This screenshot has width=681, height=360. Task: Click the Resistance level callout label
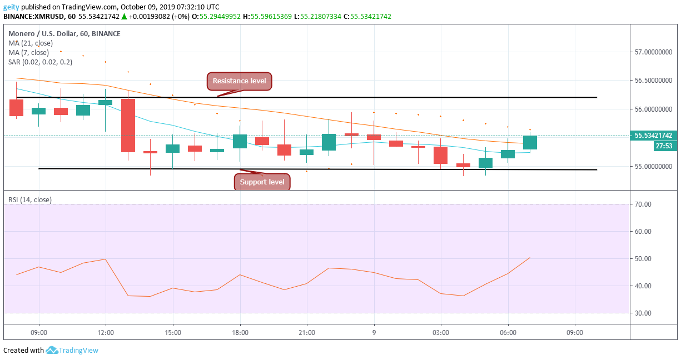(239, 81)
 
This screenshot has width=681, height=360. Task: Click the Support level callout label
(262, 182)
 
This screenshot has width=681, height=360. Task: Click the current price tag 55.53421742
(653, 136)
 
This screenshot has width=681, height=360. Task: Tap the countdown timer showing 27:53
(663, 146)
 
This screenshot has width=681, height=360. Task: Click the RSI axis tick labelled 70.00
(643, 204)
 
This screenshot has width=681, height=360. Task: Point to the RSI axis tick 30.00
(643, 313)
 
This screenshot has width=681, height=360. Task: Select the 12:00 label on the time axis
(106, 333)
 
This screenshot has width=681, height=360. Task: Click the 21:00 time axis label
(306, 333)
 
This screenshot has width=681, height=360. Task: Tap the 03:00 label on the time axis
(440, 333)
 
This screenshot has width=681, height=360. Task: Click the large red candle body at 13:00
(128, 126)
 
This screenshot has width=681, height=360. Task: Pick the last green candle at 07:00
(530, 143)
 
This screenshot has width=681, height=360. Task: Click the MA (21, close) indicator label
(31, 43)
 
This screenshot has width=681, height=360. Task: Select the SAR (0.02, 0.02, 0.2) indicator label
(40, 62)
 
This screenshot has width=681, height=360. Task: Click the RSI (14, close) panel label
(30, 199)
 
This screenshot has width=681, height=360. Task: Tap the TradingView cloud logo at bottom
(52, 351)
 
